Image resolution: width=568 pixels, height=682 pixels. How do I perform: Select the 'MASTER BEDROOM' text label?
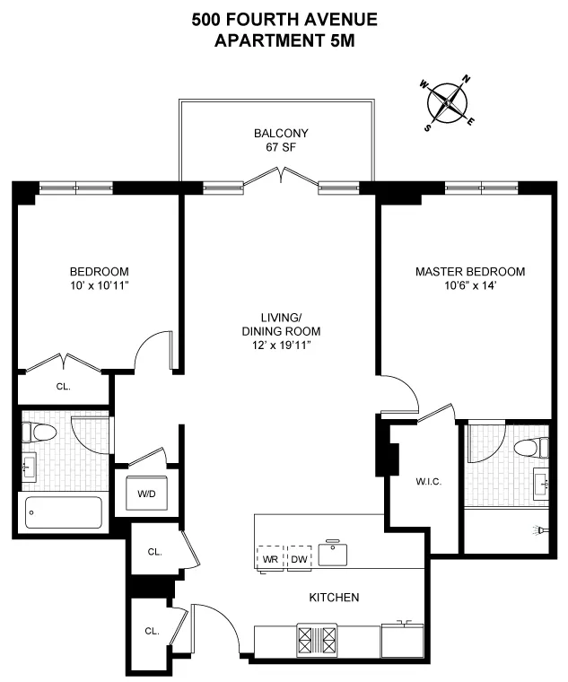pyautogui.click(x=469, y=272)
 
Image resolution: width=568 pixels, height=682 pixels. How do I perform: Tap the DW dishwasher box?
pyautogui.click(x=299, y=559)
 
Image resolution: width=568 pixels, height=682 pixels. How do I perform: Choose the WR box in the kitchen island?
pyautogui.click(x=269, y=559)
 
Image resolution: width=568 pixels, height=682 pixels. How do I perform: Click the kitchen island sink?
pyautogui.click(x=335, y=554)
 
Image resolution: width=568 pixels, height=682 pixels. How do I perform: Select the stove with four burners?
pyautogui.click(x=319, y=641)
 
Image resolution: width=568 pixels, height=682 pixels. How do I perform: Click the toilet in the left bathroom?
pyautogui.click(x=39, y=433)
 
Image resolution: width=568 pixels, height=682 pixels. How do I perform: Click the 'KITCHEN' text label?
pyautogui.click(x=335, y=598)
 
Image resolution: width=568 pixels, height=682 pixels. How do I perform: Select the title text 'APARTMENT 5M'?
pyautogui.click(x=284, y=41)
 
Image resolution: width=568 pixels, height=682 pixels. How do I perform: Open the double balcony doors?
pyautogui.click(x=284, y=182)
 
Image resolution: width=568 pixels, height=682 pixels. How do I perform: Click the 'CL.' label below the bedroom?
pyautogui.click(x=63, y=388)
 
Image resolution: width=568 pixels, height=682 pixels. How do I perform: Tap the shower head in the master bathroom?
pyautogui.click(x=540, y=530)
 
